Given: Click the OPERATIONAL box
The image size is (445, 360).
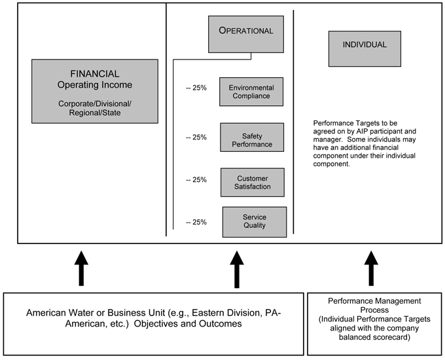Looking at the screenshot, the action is point(246,34).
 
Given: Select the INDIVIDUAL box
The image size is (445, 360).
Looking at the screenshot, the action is point(365,49).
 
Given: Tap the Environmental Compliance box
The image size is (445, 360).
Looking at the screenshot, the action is point(251,92).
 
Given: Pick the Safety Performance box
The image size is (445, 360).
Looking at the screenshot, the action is point(252,137).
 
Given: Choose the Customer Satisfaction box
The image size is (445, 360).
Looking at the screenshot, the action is point(253,182).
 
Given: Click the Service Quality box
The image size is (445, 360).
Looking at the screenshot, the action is point(255,222).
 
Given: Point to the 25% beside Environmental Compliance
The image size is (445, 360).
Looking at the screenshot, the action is point(200,88).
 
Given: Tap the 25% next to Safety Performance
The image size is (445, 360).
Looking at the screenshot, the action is point(200,137).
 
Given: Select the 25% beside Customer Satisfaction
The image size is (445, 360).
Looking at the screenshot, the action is point(200,180).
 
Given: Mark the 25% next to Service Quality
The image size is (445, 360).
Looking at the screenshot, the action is point(200,222).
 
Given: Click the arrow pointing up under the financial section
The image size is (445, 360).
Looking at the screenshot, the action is point(81,268).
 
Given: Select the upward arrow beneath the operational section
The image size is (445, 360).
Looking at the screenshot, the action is point(237,270).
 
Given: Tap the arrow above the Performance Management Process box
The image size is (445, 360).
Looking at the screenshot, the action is point(371,268).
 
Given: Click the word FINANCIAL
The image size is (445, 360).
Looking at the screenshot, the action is point(95,74).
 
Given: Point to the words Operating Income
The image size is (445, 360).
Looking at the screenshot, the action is point(95,85).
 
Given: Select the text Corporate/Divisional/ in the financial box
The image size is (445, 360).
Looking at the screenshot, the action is point(95,103).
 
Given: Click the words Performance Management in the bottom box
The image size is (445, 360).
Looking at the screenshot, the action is point(374,301).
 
